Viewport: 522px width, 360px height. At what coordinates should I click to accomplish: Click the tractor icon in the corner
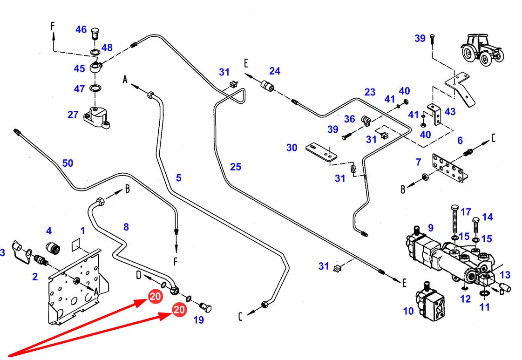[x=482, y=48]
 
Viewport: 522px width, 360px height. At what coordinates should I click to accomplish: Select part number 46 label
[x=81, y=30]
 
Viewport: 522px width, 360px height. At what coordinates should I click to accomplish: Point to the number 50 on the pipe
[x=68, y=163]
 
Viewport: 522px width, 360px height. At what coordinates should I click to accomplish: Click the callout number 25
[x=236, y=166]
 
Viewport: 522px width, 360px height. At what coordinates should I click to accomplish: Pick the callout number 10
[x=408, y=311]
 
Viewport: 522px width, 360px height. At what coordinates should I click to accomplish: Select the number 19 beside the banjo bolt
[x=199, y=320]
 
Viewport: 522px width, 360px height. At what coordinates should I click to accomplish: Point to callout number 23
[x=370, y=92]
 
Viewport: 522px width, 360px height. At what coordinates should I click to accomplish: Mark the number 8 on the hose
[x=126, y=227]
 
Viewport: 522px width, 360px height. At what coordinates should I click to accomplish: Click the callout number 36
[x=350, y=119]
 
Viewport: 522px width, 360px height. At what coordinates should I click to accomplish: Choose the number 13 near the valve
[x=505, y=275]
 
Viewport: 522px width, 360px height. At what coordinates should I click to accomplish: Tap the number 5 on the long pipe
[x=178, y=177]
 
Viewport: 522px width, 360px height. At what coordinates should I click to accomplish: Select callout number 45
[x=80, y=68]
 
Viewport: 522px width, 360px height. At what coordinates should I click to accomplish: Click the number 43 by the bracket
[x=450, y=112]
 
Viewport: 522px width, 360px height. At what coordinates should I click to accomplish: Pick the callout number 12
[x=466, y=299]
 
